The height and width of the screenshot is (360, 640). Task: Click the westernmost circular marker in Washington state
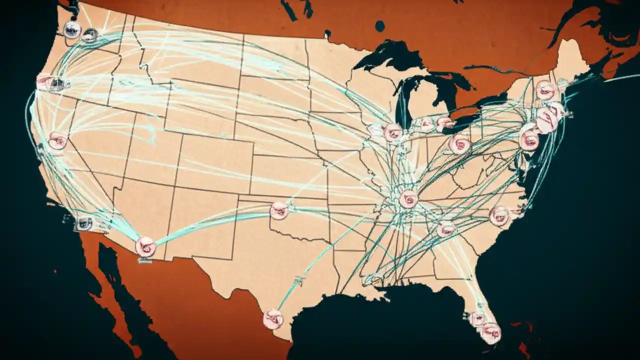pyautogui.click(x=72, y=30)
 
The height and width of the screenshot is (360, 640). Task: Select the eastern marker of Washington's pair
pyautogui.click(x=90, y=35)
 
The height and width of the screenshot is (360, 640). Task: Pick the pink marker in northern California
pyautogui.click(x=57, y=141)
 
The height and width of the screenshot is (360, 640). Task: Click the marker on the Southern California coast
pyautogui.click(x=84, y=223)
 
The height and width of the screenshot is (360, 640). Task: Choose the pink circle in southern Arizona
pyautogui.click(x=145, y=247)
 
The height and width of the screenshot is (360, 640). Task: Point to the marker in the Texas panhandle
pyautogui.click(x=279, y=210)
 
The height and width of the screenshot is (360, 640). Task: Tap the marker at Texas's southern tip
pyautogui.click(x=273, y=319)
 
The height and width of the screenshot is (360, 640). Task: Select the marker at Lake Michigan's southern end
pyautogui.click(x=392, y=132)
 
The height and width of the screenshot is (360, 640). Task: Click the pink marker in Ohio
pyautogui.click(x=459, y=144)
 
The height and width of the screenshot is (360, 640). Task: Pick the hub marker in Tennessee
pyautogui.click(x=408, y=199)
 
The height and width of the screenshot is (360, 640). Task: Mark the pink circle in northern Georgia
pyautogui.click(x=445, y=229)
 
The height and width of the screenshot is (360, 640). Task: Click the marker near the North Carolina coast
pyautogui.click(x=499, y=215)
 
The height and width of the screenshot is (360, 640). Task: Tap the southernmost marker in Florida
pyautogui.click(x=490, y=332)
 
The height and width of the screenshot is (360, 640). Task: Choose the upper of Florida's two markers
pyautogui.click(x=478, y=318)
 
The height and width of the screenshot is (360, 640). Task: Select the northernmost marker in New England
pyautogui.click(x=546, y=90)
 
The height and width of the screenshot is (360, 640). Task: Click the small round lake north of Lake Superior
pyautogui.click(x=380, y=26)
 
